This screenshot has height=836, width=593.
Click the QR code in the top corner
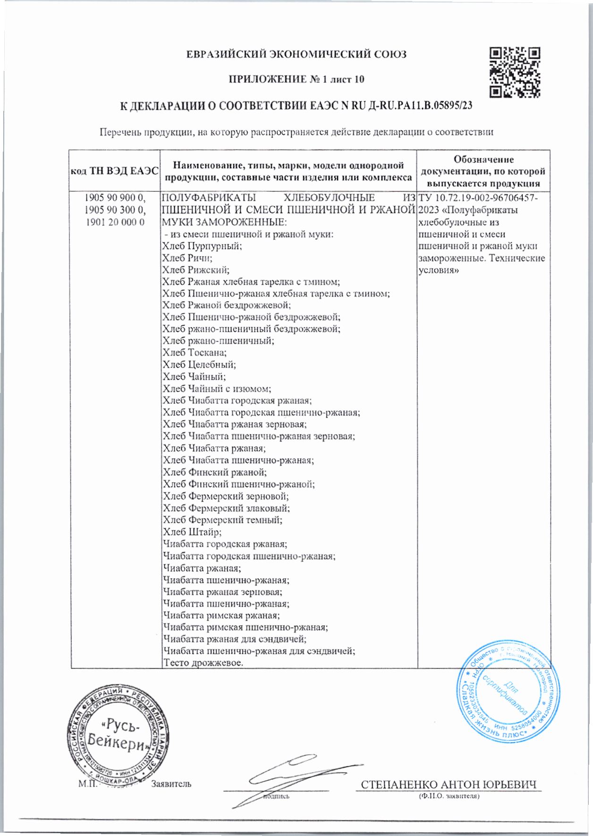[515, 72]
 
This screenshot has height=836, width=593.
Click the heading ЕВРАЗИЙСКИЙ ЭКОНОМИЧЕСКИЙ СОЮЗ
[296, 55]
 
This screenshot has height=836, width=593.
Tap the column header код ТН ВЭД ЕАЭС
[114, 171]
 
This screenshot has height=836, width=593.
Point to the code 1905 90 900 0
[115, 197]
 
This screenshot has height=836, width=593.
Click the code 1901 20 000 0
[115, 222]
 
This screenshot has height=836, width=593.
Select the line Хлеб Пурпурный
[202, 246]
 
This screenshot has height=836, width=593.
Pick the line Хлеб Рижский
[196, 270]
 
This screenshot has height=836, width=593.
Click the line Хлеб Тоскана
[195, 353]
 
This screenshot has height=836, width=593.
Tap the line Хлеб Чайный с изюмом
[217, 389]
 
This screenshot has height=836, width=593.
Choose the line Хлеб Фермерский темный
[222, 520]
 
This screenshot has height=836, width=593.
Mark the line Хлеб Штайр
[192, 532]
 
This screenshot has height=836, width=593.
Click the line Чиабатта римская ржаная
[221, 615]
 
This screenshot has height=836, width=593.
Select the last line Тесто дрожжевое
[203, 663]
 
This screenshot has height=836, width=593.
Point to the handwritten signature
[293, 777]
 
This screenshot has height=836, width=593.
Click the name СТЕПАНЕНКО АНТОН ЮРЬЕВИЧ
[449, 785]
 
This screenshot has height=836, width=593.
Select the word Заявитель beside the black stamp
[171, 784]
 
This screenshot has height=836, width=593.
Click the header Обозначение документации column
[483, 171]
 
